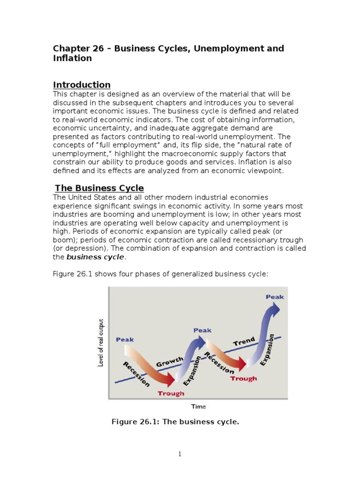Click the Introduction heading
82,85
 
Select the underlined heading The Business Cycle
99,188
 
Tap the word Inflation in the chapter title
72,59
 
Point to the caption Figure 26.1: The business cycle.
175,422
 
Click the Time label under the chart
198,406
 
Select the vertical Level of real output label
101,343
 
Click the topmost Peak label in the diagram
275,297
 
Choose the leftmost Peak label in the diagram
125,339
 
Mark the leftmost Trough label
171,393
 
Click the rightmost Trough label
243,378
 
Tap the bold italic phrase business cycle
95,257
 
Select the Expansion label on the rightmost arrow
266,350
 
